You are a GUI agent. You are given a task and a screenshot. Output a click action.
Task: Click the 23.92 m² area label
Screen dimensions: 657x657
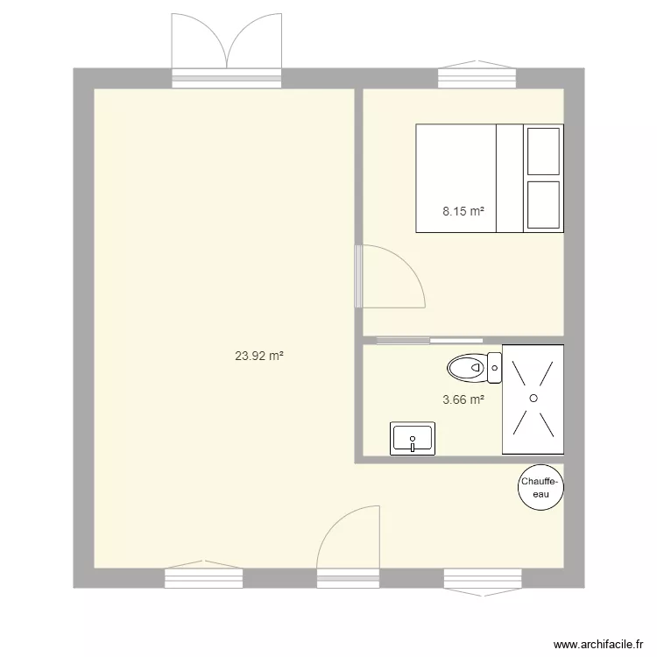[x=259, y=357]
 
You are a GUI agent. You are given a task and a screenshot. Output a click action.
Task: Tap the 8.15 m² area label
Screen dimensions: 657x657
[x=463, y=211]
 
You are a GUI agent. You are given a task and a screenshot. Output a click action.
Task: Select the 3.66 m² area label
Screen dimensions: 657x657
[x=463, y=399]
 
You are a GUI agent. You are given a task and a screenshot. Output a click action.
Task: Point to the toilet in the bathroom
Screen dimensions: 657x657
[x=469, y=368]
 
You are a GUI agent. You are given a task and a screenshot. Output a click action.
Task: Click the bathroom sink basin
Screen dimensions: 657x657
[x=412, y=438]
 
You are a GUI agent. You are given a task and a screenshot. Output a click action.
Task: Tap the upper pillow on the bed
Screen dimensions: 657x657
[x=543, y=151]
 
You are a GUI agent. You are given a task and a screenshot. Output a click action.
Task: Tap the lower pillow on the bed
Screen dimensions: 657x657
[x=543, y=206]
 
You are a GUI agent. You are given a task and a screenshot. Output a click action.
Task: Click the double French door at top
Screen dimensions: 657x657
[x=227, y=53]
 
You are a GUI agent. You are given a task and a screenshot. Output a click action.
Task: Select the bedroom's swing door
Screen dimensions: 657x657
[x=390, y=276]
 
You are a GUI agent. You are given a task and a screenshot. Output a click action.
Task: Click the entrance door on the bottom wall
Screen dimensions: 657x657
[x=348, y=543]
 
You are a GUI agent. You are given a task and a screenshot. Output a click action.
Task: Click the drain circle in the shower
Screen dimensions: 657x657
[x=532, y=399]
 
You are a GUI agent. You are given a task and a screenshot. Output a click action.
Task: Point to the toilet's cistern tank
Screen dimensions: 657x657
[x=495, y=368]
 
